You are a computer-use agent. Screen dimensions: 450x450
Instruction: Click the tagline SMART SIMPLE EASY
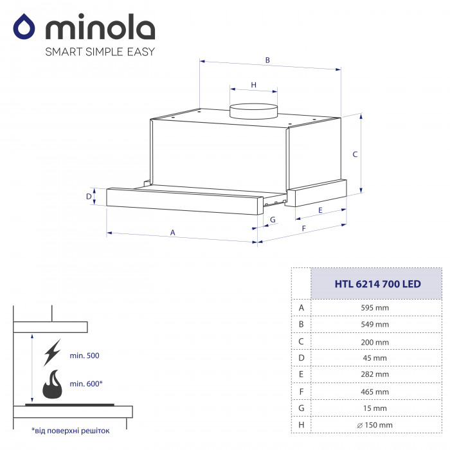click(100, 52)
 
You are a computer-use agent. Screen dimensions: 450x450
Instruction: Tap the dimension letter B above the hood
click(267, 60)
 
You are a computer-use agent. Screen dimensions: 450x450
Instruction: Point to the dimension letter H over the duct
click(253, 85)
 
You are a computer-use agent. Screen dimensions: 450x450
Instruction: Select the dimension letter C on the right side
click(354, 154)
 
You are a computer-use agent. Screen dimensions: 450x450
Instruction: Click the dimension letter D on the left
click(89, 197)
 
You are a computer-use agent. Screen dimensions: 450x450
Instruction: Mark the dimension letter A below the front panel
click(172, 232)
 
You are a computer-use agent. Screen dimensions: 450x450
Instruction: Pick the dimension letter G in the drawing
click(273, 220)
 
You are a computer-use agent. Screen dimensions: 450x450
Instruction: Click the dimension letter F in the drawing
click(303, 228)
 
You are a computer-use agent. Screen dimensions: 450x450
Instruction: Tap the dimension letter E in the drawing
click(319, 210)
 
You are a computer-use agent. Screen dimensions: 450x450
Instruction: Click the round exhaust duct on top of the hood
click(254, 111)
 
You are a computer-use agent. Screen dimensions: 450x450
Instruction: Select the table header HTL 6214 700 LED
click(369, 283)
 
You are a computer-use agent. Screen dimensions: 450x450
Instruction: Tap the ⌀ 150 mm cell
click(374, 424)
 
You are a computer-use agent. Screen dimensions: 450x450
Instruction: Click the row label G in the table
click(300, 408)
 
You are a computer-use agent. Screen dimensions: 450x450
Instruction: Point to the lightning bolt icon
click(51, 353)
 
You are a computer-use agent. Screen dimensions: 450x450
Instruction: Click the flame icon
click(52, 386)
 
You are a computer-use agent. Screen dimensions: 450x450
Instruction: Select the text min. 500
click(85, 355)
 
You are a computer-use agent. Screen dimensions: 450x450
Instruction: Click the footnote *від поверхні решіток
click(71, 431)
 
